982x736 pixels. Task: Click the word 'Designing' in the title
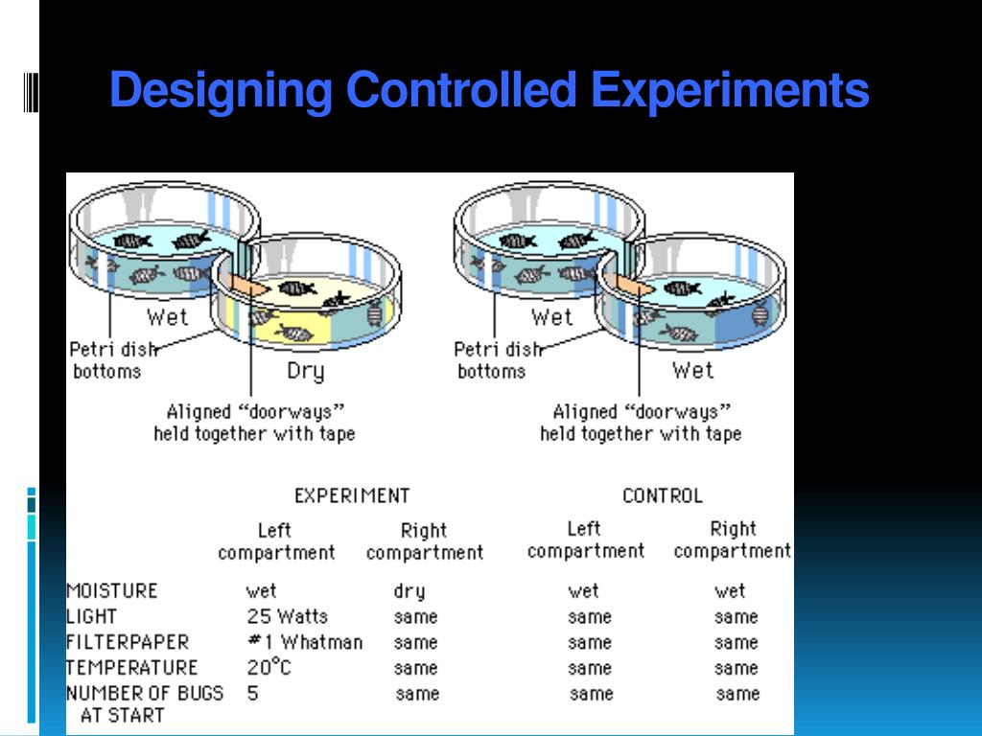click(221, 91)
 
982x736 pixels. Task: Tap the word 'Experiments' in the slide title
click(730, 91)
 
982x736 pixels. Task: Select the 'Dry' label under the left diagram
click(305, 371)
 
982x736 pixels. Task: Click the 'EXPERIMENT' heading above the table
click(352, 495)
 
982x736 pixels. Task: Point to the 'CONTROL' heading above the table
click(662, 495)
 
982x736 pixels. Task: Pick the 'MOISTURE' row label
click(111, 590)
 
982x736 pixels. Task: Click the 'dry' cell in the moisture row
click(409, 591)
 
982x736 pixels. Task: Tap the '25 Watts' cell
click(287, 616)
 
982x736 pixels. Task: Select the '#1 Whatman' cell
click(305, 642)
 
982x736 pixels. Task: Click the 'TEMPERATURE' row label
click(131, 667)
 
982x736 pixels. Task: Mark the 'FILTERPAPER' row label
click(128, 642)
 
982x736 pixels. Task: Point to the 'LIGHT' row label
click(91, 616)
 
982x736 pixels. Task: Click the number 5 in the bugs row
click(253, 693)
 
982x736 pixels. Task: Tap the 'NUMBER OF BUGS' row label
click(144, 693)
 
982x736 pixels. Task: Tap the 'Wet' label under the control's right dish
click(692, 370)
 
